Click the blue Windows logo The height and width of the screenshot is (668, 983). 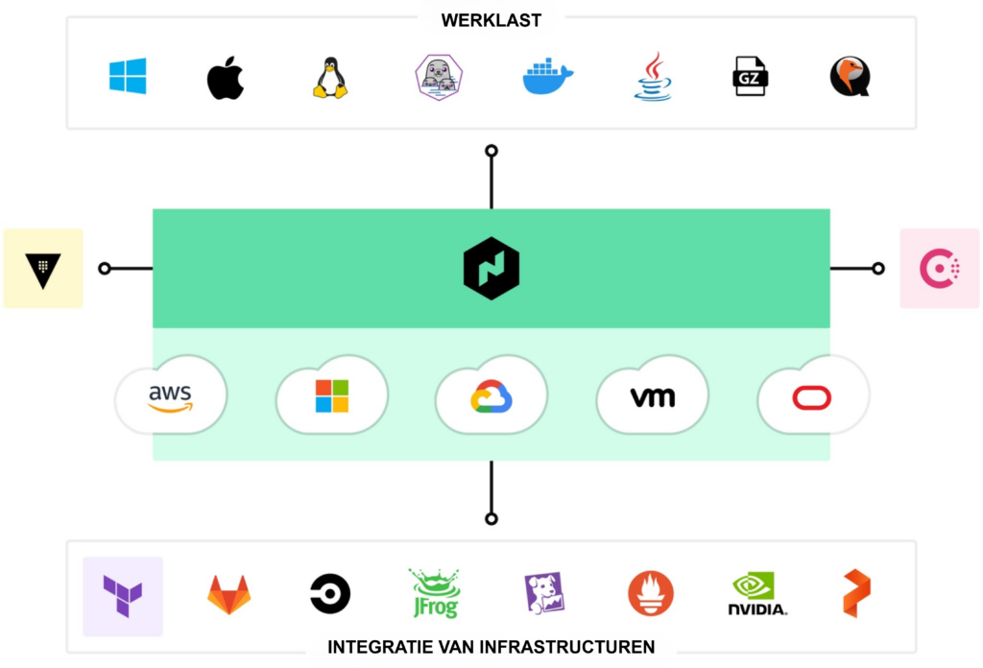[128, 76]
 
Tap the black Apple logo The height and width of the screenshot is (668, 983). [226, 78]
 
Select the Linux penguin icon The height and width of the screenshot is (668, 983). [330, 78]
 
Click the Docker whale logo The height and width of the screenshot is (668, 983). [547, 78]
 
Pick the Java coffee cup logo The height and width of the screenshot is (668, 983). [653, 77]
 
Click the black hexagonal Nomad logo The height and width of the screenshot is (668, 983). [491, 269]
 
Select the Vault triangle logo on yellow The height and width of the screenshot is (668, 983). [43, 269]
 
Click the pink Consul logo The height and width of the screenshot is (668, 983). [940, 269]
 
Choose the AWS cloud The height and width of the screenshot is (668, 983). [171, 396]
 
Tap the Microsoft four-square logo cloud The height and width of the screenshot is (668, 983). [332, 396]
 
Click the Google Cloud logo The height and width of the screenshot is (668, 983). [491, 396]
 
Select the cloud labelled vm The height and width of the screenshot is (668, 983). [653, 396]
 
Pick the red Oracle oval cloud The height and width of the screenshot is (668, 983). [812, 396]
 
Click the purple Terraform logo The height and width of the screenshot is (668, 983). [123, 595]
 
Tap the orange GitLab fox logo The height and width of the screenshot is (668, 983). [229, 594]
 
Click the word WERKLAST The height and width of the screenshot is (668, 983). [491, 20]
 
